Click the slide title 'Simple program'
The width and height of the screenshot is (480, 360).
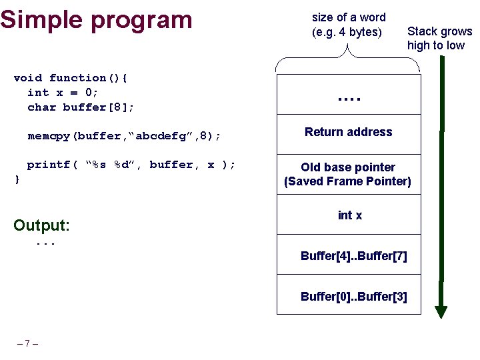tap(96, 19)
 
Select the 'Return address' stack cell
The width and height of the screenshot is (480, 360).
tap(348, 132)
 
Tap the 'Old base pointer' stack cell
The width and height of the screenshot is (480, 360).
tap(348, 174)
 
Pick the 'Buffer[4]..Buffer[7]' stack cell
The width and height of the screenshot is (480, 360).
tap(353, 256)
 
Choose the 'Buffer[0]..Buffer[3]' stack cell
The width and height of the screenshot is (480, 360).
tap(353, 297)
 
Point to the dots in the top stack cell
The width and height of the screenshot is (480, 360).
tap(348, 97)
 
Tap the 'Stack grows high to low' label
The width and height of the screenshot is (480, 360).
tap(439, 38)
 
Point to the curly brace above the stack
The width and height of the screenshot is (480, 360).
tap(348, 59)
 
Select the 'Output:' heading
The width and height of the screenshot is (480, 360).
tap(41, 225)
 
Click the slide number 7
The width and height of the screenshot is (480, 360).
tap(27, 344)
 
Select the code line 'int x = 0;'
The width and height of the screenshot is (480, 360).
tap(63, 93)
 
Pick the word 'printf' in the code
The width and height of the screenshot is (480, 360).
tap(49, 165)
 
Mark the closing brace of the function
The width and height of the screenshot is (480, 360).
tap(17, 179)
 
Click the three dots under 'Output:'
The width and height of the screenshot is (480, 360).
tap(45, 244)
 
